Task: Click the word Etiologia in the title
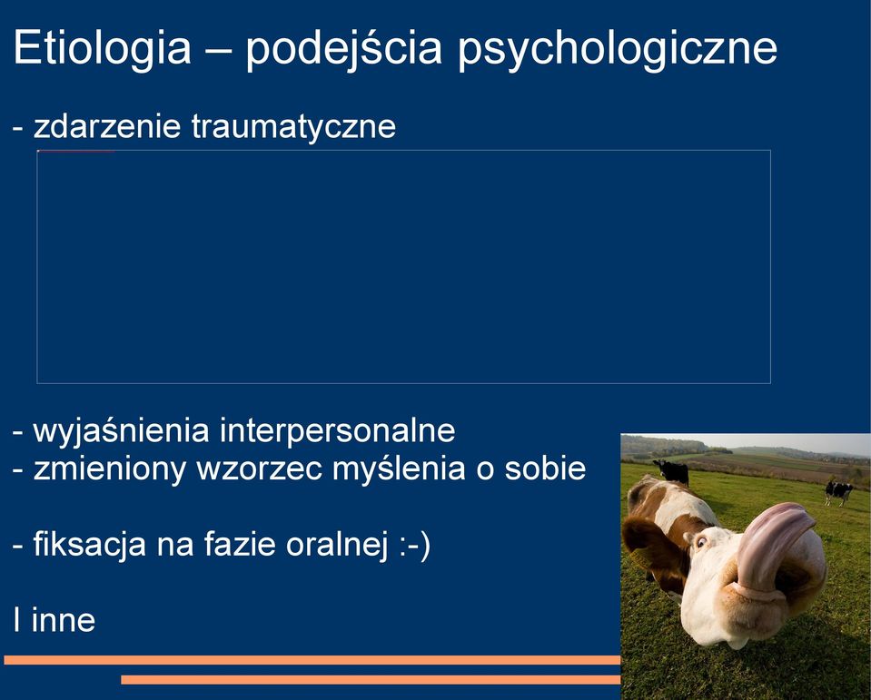[103, 48]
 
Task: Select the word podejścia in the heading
[344, 48]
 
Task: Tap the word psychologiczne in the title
[617, 49]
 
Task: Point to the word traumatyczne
[294, 127]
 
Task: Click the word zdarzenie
[107, 126]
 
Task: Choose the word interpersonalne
[338, 430]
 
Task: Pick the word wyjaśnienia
[121, 431]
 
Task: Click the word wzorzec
[260, 468]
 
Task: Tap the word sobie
[546, 468]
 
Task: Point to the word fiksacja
[89, 544]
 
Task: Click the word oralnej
[337, 544]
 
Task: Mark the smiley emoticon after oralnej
[414, 545]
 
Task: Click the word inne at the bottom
[64, 620]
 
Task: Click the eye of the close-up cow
[701, 541]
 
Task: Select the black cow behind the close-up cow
[672, 472]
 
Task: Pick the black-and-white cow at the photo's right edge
[838, 492]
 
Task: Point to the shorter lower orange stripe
[371, 680]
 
